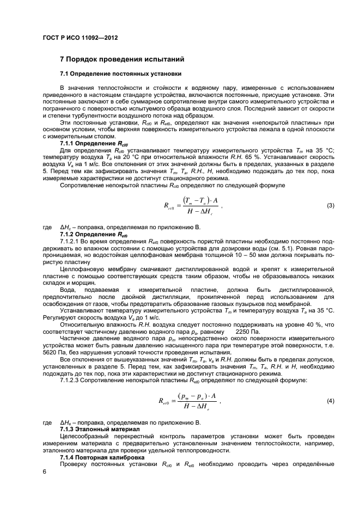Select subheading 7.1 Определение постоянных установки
point(120,73)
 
